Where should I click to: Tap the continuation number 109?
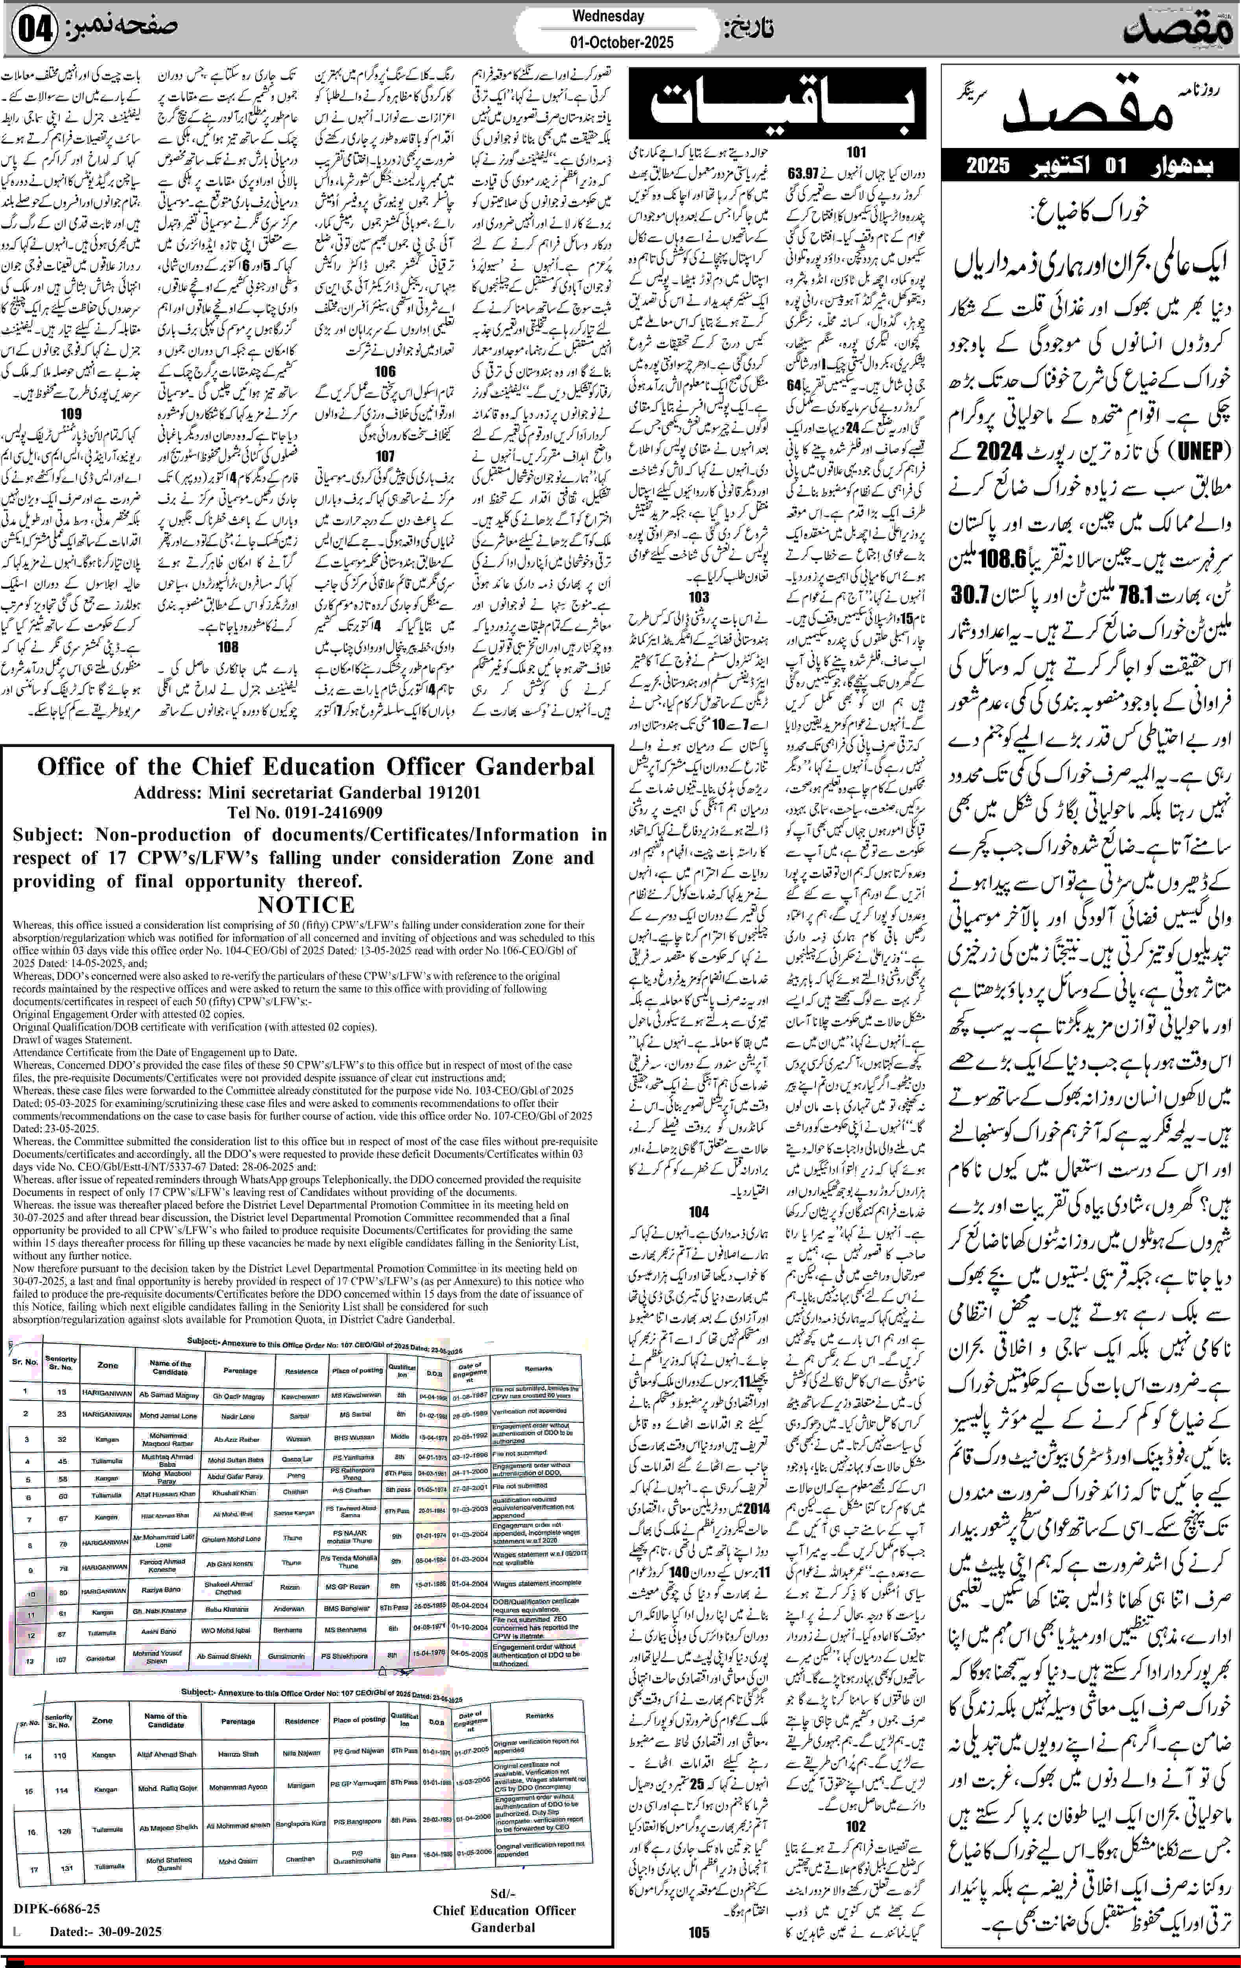click(x=71, y=414)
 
